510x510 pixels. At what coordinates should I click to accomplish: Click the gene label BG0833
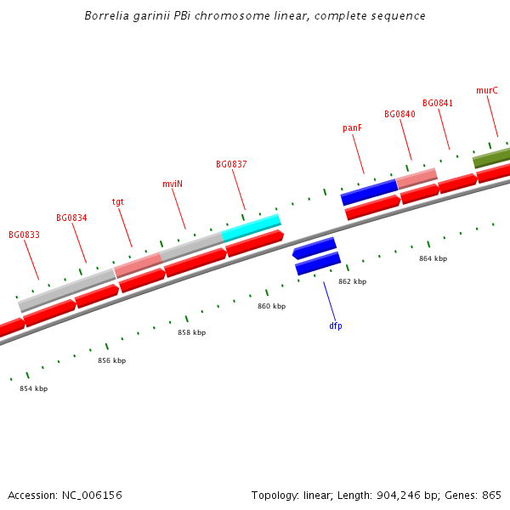(24, 235)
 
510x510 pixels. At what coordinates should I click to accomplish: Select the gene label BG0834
(71, 218)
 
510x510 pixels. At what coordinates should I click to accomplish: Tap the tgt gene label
(118, 201)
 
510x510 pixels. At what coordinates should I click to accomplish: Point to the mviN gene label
(173, 184)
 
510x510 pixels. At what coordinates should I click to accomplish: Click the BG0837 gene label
(231, 164)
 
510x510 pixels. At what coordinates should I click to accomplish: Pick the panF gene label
(353, 128)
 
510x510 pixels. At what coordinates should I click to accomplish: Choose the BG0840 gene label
(399, 114)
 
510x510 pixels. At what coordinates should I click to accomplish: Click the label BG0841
(438, 104)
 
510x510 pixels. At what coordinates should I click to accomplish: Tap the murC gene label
(487, 90)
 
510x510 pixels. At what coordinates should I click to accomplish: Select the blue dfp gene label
(336, 326)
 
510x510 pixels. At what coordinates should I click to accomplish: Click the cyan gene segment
(252, 225)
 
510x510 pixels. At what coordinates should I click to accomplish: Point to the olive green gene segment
(491, 157)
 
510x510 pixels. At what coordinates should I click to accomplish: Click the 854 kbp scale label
(34, 388)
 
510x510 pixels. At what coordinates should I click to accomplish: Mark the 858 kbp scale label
(191, 332)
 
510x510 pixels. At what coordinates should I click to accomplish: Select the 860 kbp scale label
(271, 306)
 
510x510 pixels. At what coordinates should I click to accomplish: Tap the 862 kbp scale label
(352, 281)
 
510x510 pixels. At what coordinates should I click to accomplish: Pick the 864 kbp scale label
(433, 258)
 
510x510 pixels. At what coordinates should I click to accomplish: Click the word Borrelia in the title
(107, 16)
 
